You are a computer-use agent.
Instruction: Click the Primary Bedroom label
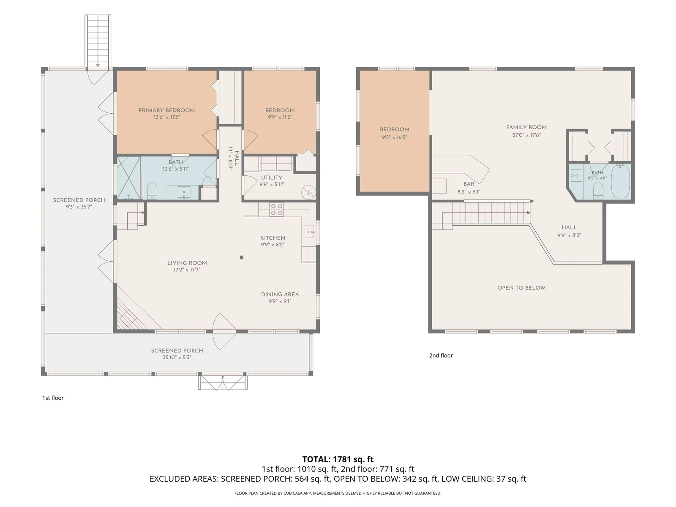(x=166, y=110)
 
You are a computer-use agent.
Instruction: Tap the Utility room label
(x=271, y=177)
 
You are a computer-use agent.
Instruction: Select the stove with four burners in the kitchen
(x=277, y=209)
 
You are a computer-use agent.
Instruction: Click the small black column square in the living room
(x=241, y=257)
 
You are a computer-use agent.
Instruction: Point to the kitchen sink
(x=308, y=232)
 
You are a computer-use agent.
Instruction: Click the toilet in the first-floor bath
(x=152, y=191)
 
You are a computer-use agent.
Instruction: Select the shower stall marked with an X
(x=129, y=178)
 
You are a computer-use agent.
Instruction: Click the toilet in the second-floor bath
(x=598, y=191)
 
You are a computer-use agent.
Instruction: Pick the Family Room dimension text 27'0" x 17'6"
(x=526, y=135)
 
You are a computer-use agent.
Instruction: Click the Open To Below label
(x=521, y=288)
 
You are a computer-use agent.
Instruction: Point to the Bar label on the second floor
(x=469, y=184)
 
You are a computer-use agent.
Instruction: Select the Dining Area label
(x=280, y=294)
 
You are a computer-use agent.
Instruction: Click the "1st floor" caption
(x=53, y=398)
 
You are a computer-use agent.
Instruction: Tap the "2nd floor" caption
(x=441, y=355)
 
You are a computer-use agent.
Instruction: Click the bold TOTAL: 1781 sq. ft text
(x=338, y=459)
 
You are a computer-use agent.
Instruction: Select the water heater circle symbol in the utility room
(x=308, y=193)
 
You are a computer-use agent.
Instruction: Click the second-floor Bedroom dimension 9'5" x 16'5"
(x=395, y=137)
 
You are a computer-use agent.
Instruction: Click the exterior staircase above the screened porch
(x=98, y=41)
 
